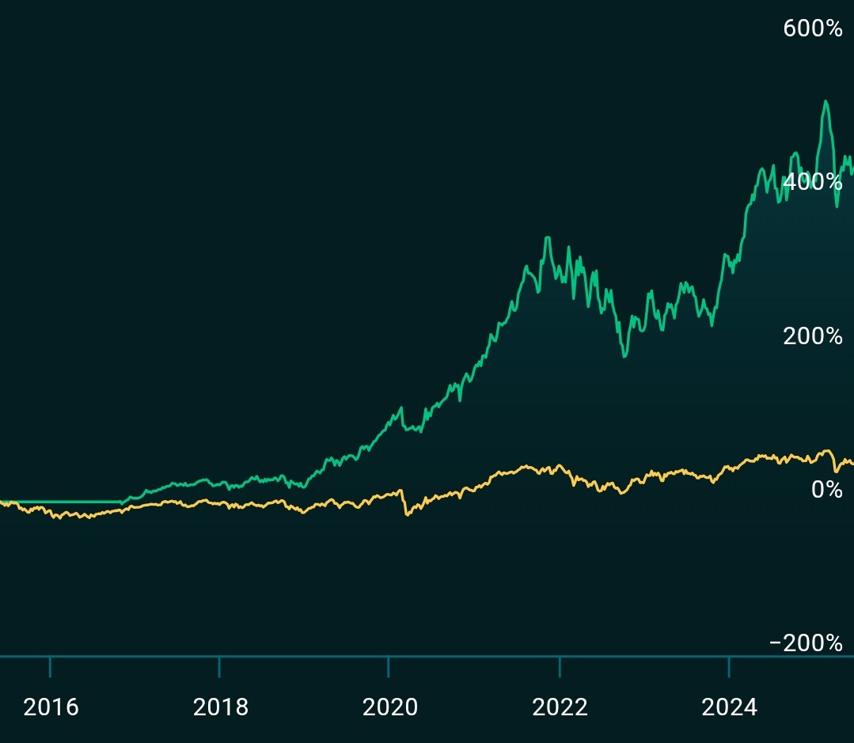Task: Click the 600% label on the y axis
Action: point(812,28)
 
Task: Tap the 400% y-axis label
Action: point(812,182)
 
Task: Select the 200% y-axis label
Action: point(812,336)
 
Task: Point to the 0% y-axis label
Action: point(826,490)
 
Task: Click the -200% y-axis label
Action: point(806,643)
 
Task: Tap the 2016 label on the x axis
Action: point(51,707)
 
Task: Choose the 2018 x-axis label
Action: point(220,707)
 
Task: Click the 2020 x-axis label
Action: point(389,707)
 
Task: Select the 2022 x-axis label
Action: point(560,707)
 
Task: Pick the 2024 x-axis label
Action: point(729,707)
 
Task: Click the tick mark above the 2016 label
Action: point(50,666)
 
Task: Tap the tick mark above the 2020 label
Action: point(389,666)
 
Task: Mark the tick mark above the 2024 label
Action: point(728,666)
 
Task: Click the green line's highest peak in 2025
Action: point(826,101)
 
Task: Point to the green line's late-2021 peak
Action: point(547,237)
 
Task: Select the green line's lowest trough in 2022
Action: point(624,356)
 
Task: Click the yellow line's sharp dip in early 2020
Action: point(408,515)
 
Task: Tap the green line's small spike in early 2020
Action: point(400,408)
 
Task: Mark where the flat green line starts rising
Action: point(121,502)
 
